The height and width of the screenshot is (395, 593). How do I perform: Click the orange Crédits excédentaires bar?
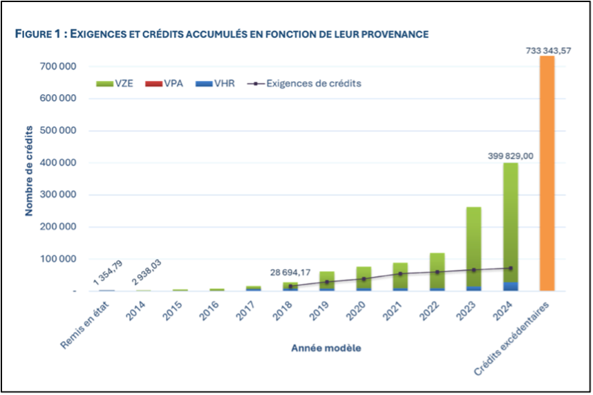coord(547,173)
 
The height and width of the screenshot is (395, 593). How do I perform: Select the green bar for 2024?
coord(510,221)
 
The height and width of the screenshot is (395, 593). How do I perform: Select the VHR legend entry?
coord(214,83)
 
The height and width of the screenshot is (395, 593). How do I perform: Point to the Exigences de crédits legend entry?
coord(303,83)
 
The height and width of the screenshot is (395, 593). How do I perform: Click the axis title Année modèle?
coord(326,349)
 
